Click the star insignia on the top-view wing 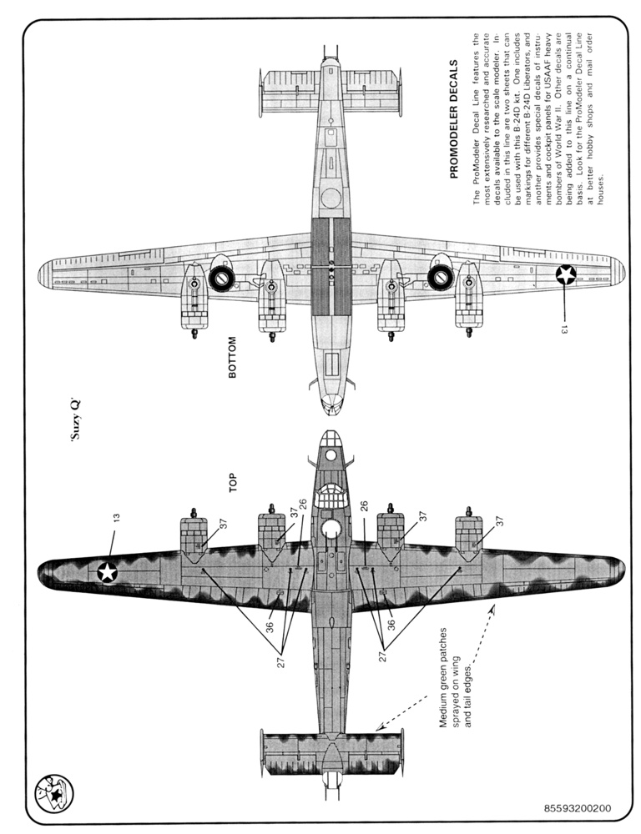(108, 571)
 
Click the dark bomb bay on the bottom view (331, 267)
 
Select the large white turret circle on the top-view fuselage (331, 528)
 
